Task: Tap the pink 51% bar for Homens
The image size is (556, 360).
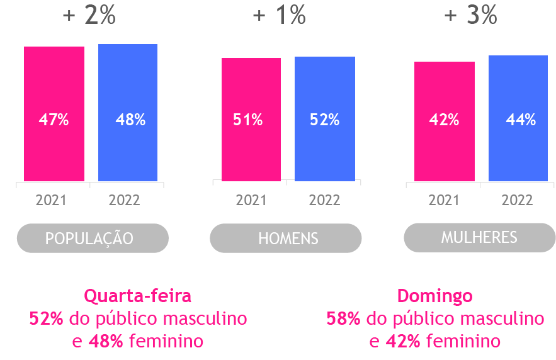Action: tap(251, 120)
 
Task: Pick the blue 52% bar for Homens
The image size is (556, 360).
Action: tap(325, 119)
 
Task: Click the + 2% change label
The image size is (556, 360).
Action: tap(89, 16)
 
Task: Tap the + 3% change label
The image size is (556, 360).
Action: tap(470, 16)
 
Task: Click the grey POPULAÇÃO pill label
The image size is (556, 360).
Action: tap(93, 239)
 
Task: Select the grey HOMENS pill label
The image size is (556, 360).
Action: tap(286, 239)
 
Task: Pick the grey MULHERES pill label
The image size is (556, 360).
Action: tap(479, 237)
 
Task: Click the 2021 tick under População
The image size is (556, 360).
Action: tap(51, 201)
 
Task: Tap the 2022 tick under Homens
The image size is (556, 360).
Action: tap(324, 201)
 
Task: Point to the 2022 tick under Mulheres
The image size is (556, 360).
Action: tap(517, 201)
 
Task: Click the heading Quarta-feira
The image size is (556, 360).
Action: tap(137, 296)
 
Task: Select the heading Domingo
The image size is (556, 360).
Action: tap(434, 296)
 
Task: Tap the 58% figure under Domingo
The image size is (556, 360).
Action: tap(343, 318)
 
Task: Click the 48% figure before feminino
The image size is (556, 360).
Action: tap(106, 342)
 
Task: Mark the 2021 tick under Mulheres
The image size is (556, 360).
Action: tap(444, 201)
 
